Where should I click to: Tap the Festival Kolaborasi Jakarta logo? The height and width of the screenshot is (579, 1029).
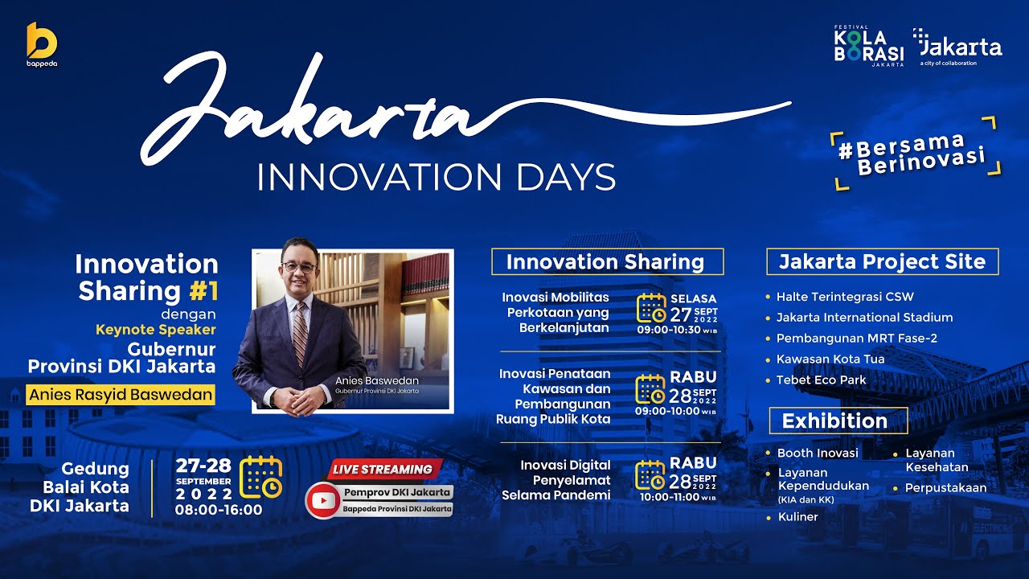pos(869,47)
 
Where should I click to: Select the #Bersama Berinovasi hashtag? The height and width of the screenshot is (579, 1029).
pos(916,153)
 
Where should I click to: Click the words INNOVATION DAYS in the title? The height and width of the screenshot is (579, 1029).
pos(436,177)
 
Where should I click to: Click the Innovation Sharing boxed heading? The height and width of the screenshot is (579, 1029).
pos(607,262)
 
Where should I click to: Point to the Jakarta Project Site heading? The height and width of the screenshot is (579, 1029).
pos(883,262)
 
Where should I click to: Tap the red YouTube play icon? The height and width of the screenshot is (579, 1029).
pos(324,500)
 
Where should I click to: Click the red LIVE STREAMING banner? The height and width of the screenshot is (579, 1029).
pos(383,470)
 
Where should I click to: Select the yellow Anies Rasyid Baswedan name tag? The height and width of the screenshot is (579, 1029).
pos(121,395)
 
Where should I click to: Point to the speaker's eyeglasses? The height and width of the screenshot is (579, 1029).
pos(295,265)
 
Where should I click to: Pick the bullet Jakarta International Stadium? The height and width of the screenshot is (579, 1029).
pos(864,317)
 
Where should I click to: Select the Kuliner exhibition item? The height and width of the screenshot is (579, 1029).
pos(797,516)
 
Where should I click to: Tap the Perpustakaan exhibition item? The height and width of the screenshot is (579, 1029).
pos(945,487)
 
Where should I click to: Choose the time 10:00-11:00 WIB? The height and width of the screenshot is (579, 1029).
pos(676,498)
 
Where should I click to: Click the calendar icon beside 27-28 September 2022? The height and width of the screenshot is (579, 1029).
pos(261,476)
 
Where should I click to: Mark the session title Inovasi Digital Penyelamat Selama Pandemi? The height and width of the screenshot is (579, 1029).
pos(556,480)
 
